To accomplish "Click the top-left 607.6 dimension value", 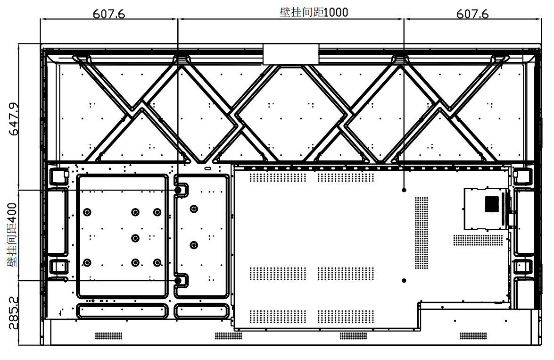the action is point(109,14).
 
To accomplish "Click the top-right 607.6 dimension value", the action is point(472,14).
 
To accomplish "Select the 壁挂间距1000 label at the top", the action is point(314,12).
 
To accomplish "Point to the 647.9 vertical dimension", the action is point(14,119).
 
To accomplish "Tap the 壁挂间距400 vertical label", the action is point(12,235).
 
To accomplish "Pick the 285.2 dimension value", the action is point(13,313).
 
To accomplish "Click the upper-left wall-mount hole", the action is point(178,190).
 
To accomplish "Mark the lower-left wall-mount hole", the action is point(178,281).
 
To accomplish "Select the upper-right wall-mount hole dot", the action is point(404,190).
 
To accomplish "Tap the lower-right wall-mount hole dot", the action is point(404,281).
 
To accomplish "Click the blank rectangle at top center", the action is point(291,54).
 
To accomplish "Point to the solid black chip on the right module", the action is point(492,204).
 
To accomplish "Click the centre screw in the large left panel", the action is point(135,238).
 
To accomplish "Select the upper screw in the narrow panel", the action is point(194,209).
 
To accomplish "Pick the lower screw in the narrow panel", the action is point(194,245).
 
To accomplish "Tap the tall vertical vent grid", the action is point(422,233).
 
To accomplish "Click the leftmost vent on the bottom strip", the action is point(109,335).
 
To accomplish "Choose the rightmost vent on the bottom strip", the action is point(473,335).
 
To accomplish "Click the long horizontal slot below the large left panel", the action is point(122,311).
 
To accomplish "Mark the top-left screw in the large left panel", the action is point(87,212).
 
